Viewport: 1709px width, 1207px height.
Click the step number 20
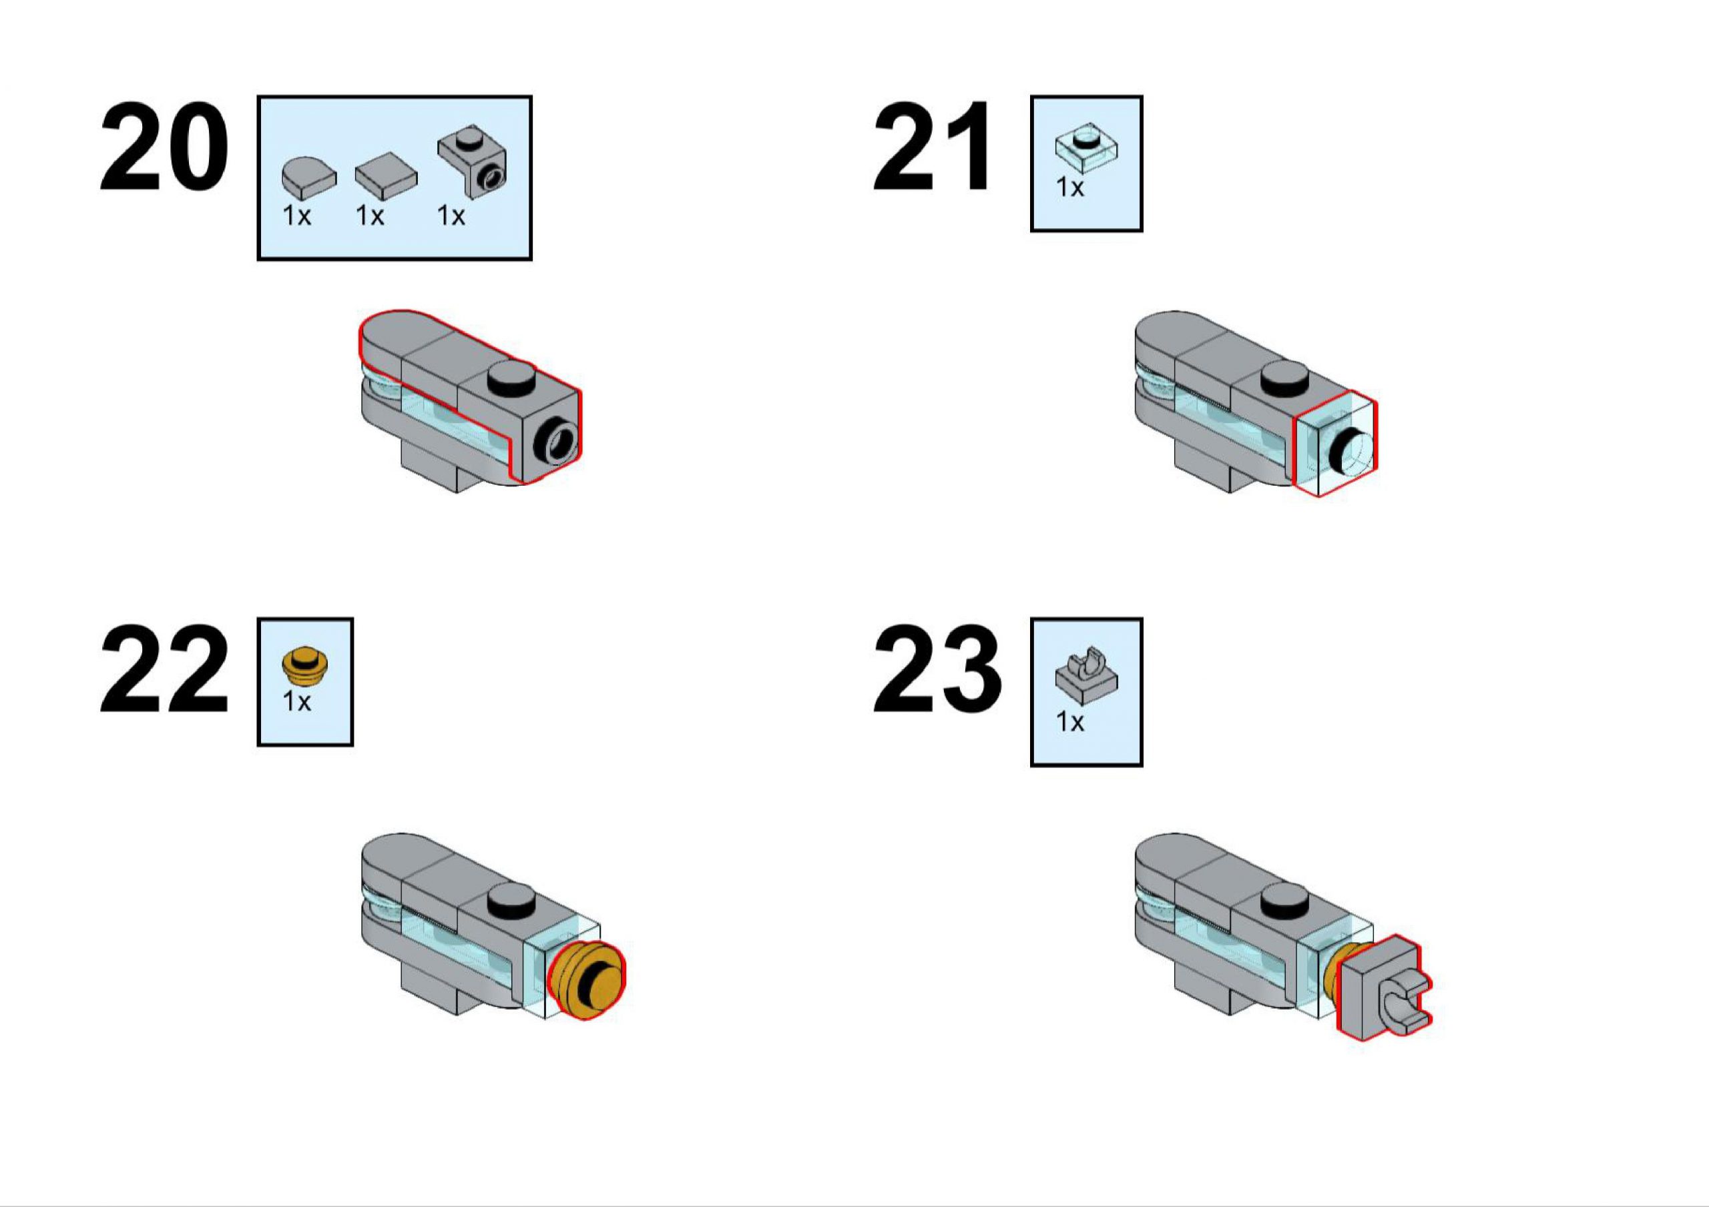[164, 147]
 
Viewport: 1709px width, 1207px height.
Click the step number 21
[932, 147]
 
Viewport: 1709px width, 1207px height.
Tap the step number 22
[164, 670]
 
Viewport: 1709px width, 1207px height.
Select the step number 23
[937, 670]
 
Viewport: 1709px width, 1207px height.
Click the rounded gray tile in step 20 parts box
[309, 176]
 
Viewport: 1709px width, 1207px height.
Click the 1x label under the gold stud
[296, 702]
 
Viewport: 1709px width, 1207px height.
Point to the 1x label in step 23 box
[1070, 722]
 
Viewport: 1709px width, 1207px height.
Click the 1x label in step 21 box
[1070, 187]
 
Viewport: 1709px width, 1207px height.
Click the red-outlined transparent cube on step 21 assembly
[1335, 445]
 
